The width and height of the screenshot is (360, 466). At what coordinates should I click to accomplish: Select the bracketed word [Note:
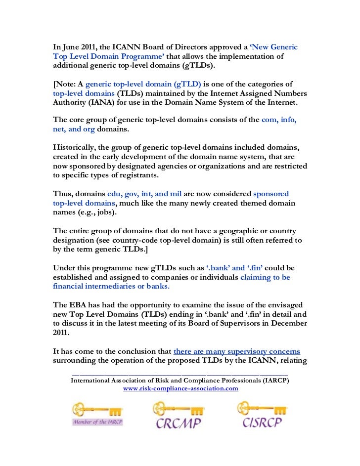pyautogui.click(x=64, y=83)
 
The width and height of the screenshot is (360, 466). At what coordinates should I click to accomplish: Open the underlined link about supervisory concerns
pyautogui.click(x=237, y=351)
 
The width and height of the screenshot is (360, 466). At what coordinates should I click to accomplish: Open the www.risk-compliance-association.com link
pyautogui.click(x=180, y=388)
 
